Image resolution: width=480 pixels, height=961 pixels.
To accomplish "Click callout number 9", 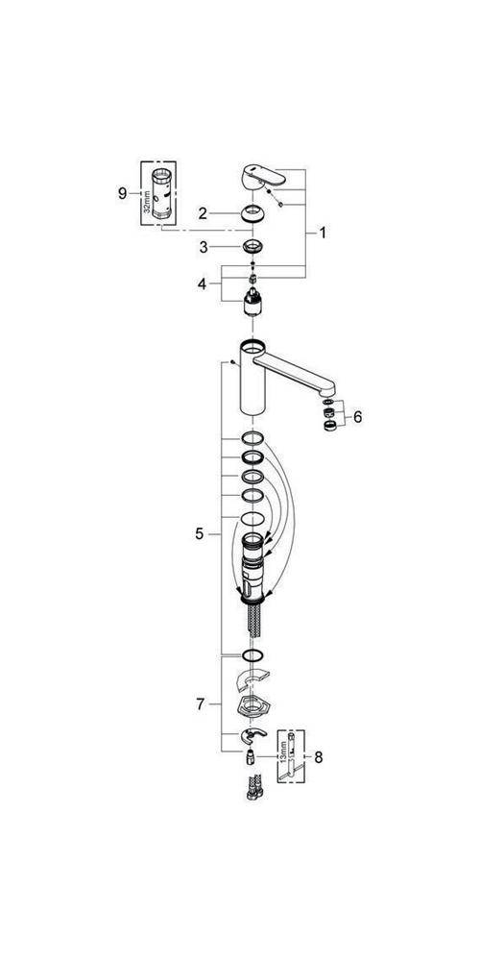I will click(x=122, y=193).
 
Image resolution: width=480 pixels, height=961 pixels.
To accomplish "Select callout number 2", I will click(x=204, y=212).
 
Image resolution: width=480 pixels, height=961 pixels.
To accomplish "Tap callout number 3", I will click(x=204, y=248).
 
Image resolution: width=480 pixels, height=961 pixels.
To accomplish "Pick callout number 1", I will click(x=324, y=233).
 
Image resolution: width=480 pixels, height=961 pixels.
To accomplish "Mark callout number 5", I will click(x=200, y=533).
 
